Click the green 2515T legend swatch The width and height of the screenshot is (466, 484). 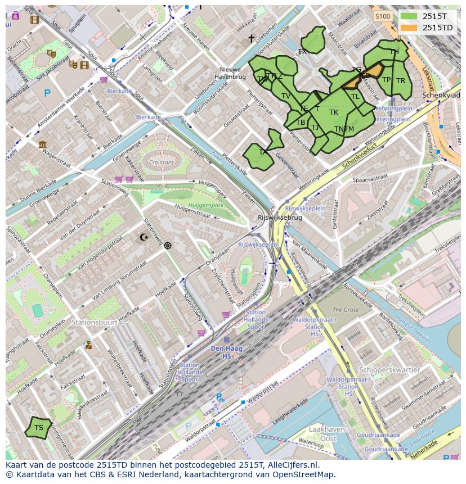tap(410, 16)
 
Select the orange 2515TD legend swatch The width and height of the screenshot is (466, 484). tap(410, 28)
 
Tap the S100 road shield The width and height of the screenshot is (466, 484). tap(383, 16)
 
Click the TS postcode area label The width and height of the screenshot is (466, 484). tap(38, 428)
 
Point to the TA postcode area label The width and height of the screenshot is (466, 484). tap(263, 152)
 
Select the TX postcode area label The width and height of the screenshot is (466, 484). tap(302, 51)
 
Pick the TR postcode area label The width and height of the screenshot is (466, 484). tap(401, 81)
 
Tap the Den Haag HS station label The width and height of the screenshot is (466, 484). tap(226, 352)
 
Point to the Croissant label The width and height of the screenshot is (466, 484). tap(162, 162)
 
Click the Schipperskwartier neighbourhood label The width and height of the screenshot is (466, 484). tap(389, 370)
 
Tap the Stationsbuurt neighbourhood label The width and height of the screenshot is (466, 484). tap(95, 323)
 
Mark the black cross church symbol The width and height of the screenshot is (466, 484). tap(252, 39)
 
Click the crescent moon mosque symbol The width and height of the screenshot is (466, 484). tap(145, 237)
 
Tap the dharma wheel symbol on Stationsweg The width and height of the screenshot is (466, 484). tap(168, 245)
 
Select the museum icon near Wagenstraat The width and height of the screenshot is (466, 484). tap(43, 144)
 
